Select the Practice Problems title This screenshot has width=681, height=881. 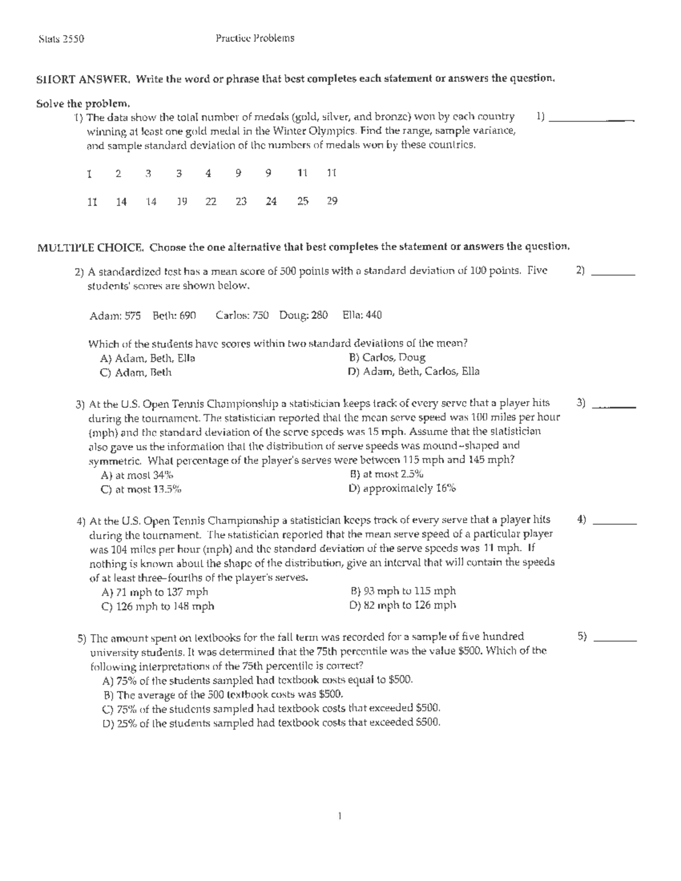click(255, 39)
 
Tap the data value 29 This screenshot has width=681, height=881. click(332, 201)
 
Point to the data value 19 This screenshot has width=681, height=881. click(181, 201)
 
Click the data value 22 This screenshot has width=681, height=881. click(211, 201)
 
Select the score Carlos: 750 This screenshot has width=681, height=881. click(242, 315)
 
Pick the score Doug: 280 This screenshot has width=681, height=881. click(303, 315)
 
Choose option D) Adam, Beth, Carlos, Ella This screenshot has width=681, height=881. click(414, 372)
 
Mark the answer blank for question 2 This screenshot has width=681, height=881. click(613, 274)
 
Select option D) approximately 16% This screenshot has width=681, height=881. click(402, 488)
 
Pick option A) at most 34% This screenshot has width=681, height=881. click(137, 475)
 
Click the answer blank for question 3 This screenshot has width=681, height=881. click(613, 406)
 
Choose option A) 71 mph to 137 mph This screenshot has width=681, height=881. click(155, 592)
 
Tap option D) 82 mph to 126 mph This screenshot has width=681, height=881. click(403, 605)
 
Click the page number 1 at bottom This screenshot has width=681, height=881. click(339, 817)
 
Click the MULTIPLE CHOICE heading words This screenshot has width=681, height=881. click(90, 247)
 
